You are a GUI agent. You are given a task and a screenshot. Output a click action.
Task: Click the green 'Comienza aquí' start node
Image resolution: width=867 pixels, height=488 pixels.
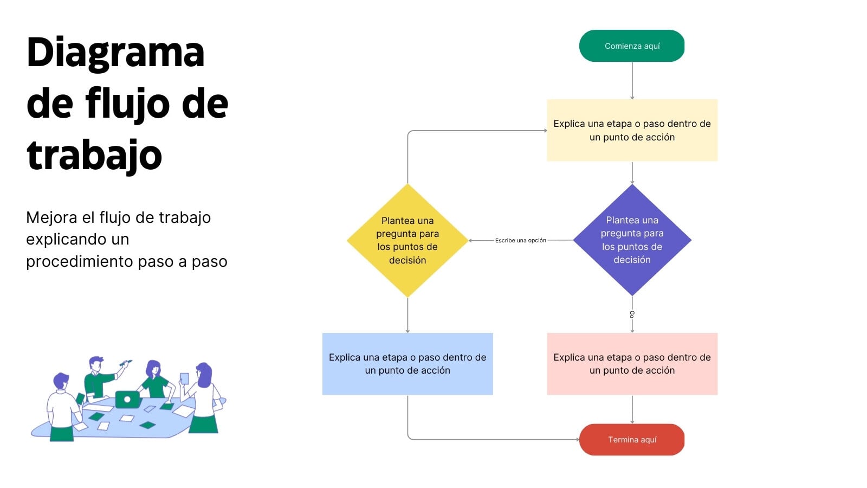(632, 46)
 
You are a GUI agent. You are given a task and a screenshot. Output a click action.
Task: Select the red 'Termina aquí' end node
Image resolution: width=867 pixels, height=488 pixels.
(632, 440)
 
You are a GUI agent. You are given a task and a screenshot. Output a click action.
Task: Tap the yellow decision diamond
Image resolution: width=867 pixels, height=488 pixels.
(407, 240)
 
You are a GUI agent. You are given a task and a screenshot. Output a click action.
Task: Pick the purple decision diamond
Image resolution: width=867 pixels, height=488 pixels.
(632, 240)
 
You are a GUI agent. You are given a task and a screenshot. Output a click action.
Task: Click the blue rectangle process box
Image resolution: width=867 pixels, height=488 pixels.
(407, 364)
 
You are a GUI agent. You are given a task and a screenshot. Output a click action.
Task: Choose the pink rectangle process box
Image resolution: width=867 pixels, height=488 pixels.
(632, 364)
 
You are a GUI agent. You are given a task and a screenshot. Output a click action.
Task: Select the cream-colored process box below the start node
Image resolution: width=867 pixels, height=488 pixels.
(632, 130)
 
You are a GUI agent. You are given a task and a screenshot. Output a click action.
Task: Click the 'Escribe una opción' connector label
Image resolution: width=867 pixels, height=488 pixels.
(521, 240)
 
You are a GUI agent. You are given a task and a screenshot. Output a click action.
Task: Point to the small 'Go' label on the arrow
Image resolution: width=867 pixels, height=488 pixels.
(632, 314)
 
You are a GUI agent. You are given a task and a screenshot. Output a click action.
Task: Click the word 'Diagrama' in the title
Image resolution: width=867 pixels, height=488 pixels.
(115, 54)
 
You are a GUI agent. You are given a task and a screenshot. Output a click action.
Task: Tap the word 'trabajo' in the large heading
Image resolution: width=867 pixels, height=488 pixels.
(94, 155)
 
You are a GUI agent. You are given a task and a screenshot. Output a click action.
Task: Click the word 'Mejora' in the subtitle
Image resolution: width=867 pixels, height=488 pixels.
(51, 218)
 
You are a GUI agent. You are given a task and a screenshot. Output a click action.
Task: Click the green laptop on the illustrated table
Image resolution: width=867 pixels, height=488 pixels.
(127, 399)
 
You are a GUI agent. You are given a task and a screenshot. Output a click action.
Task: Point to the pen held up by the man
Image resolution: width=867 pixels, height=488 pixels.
(125, 363)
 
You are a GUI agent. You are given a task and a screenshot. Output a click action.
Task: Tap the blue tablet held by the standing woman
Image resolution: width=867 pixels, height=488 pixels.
(184, 378)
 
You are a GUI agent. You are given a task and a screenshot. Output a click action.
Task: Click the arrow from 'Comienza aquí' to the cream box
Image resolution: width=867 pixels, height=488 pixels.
(632, 81)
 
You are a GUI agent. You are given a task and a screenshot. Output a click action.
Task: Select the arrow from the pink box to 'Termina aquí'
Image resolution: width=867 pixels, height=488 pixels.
(632, 409)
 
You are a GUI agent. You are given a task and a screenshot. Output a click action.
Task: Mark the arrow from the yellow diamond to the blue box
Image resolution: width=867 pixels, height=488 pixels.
(407, 315)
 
